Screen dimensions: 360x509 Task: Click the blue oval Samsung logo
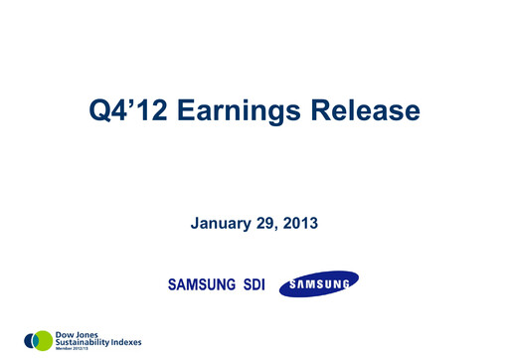[x=318, y=286]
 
